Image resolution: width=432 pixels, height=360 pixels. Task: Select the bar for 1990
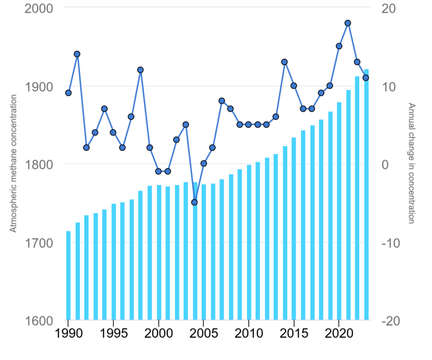coord(68,275)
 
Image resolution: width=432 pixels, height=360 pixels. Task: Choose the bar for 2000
coord(159,252)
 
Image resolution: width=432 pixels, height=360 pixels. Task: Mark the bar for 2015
coord(294,228)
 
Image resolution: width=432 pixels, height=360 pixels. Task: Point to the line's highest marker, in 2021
coord(348,23)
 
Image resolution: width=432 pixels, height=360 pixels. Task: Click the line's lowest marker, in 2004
coord(194,202)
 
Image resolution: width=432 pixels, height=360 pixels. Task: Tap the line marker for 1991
coord(77,54)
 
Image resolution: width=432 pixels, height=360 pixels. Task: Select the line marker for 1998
coord(140,70)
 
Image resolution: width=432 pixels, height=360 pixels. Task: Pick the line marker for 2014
coord(285,62)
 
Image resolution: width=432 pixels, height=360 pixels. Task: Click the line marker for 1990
coord(68,93)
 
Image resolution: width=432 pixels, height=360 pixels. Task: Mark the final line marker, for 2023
coord(365,78)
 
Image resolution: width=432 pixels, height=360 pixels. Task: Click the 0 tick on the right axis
coord(385,165)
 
